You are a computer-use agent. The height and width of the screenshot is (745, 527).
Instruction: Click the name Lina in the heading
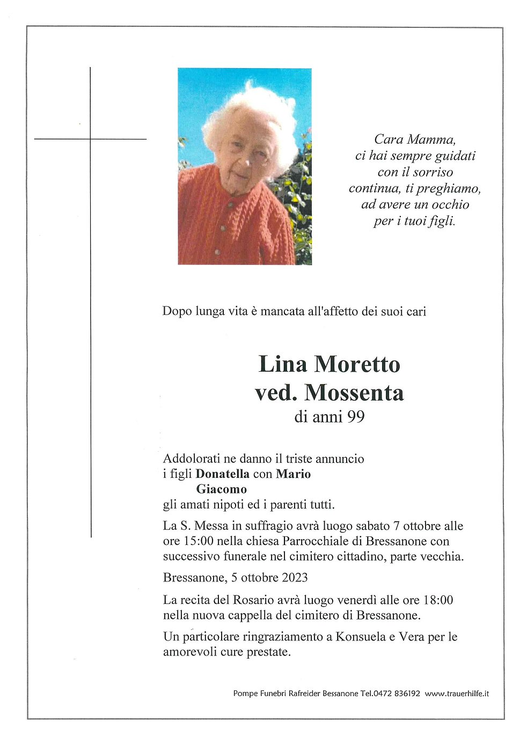(x=283, y=364)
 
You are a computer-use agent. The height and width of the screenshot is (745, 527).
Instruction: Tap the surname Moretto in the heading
(x=357, y=364)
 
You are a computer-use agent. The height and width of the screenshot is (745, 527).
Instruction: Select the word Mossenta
(x=354, y=393)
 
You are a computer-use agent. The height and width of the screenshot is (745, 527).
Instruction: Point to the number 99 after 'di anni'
(x=355, y=417)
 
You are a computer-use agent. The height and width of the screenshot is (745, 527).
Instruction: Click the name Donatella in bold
(x=222, y=474)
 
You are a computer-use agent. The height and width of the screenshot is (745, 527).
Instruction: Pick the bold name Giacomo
(x=221, y=489)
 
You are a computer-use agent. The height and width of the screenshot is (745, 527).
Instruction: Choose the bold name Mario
(x=293, y=474)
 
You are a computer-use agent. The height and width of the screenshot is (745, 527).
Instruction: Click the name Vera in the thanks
(x=411, y=637)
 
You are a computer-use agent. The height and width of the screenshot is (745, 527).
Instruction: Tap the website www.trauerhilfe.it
(x=457, y=694)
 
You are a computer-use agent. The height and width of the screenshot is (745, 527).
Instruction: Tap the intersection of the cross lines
(x=90, y=139)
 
